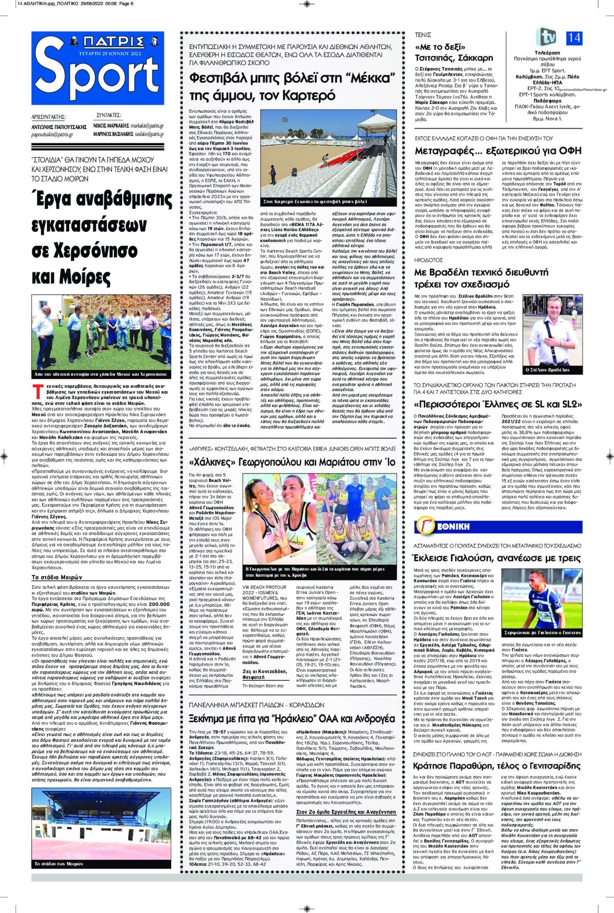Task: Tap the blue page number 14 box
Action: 574,37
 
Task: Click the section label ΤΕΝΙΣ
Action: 423,34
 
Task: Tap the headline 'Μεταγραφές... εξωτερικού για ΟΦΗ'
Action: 498,151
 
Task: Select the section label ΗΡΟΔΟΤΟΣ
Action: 428,259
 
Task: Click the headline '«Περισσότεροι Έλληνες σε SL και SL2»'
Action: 498,404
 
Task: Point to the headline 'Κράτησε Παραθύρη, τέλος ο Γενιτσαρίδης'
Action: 496,766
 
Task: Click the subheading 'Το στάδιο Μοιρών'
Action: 57,577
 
